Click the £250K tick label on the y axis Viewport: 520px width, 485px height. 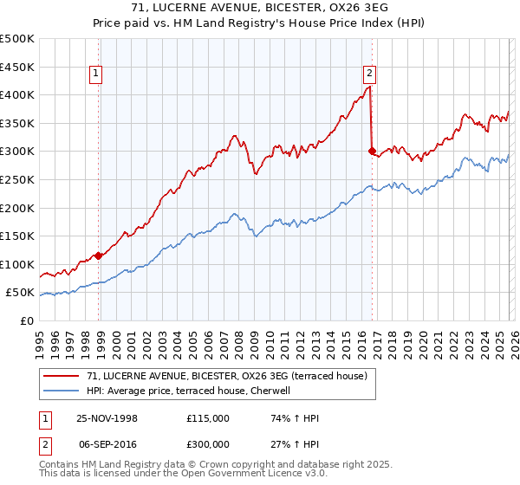17,179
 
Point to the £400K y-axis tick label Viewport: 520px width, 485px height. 17,94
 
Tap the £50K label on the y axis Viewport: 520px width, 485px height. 20,293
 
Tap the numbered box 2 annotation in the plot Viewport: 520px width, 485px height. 370,74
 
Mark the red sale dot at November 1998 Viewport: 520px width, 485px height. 99,255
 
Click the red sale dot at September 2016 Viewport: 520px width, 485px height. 373,152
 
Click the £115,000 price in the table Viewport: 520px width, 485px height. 207,417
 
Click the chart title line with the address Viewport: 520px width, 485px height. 259,7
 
